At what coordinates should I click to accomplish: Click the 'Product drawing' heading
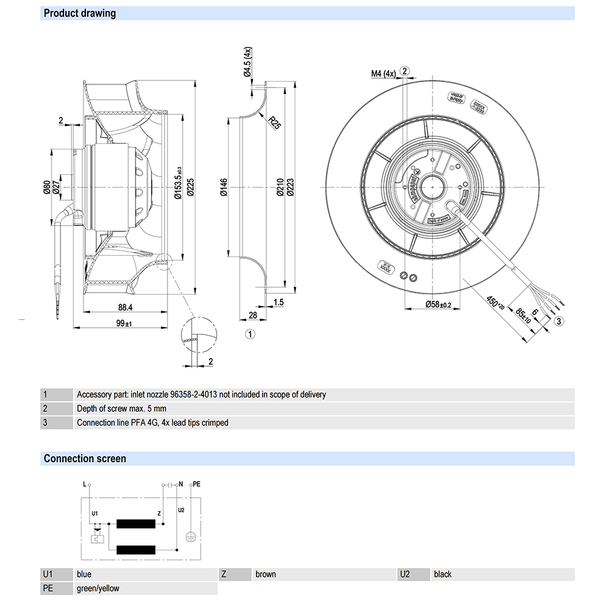[79, 13]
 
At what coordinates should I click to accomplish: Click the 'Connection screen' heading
[85, 458]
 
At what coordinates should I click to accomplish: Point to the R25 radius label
[275, 123]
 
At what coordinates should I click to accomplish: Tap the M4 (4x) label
[383, 74]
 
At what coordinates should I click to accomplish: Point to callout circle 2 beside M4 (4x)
[405, 71]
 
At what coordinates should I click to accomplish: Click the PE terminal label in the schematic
[195, 485]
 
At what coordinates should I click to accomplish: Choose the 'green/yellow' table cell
[98, 588]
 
